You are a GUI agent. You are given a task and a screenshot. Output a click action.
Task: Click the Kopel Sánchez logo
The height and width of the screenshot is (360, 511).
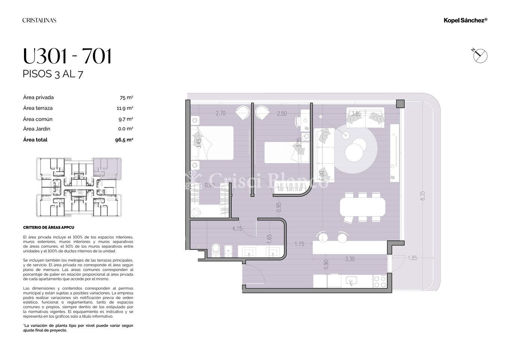[x=465, y=20]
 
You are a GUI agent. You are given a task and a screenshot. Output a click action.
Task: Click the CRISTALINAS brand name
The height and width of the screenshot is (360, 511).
[x=39, y=20]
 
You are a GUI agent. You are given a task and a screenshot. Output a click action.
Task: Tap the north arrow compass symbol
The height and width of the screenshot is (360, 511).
[x=480, y=56]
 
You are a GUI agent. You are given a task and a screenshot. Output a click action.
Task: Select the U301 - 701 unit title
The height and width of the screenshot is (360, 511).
[x=67, y=56]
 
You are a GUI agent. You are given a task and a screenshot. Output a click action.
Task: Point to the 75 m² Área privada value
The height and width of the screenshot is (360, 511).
[x=127, y=98]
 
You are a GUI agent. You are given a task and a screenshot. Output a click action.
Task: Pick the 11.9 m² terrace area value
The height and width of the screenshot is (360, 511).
[x=125, y=108]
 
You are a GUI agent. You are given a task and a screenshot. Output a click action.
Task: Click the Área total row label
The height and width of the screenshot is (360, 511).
[x=35, y=140]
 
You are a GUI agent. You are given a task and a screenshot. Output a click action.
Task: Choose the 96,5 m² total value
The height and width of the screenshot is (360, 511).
[x=124, y=140]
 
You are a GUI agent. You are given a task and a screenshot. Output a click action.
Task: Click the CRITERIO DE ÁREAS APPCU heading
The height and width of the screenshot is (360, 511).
[x=49, y=227]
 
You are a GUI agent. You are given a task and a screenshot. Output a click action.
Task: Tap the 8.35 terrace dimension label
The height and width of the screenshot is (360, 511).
[x=423, y=196]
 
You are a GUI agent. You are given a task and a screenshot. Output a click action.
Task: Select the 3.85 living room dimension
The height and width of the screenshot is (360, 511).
[x=356, y=113]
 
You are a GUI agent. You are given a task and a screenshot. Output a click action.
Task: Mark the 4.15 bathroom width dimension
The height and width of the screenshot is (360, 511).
[x=237, y=228]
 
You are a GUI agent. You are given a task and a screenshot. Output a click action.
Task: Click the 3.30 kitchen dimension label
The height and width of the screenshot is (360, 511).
[x=350, y=259]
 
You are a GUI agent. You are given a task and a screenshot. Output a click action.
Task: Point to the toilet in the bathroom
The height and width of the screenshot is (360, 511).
[x=215, y=251]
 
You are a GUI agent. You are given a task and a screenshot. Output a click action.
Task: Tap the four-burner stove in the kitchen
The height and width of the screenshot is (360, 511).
[x=380, y=281]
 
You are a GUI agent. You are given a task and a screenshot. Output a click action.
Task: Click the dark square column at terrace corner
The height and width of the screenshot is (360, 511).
[x=400, y=104]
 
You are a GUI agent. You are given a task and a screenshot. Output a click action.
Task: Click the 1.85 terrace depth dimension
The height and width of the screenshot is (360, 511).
[x=413, y=258]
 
